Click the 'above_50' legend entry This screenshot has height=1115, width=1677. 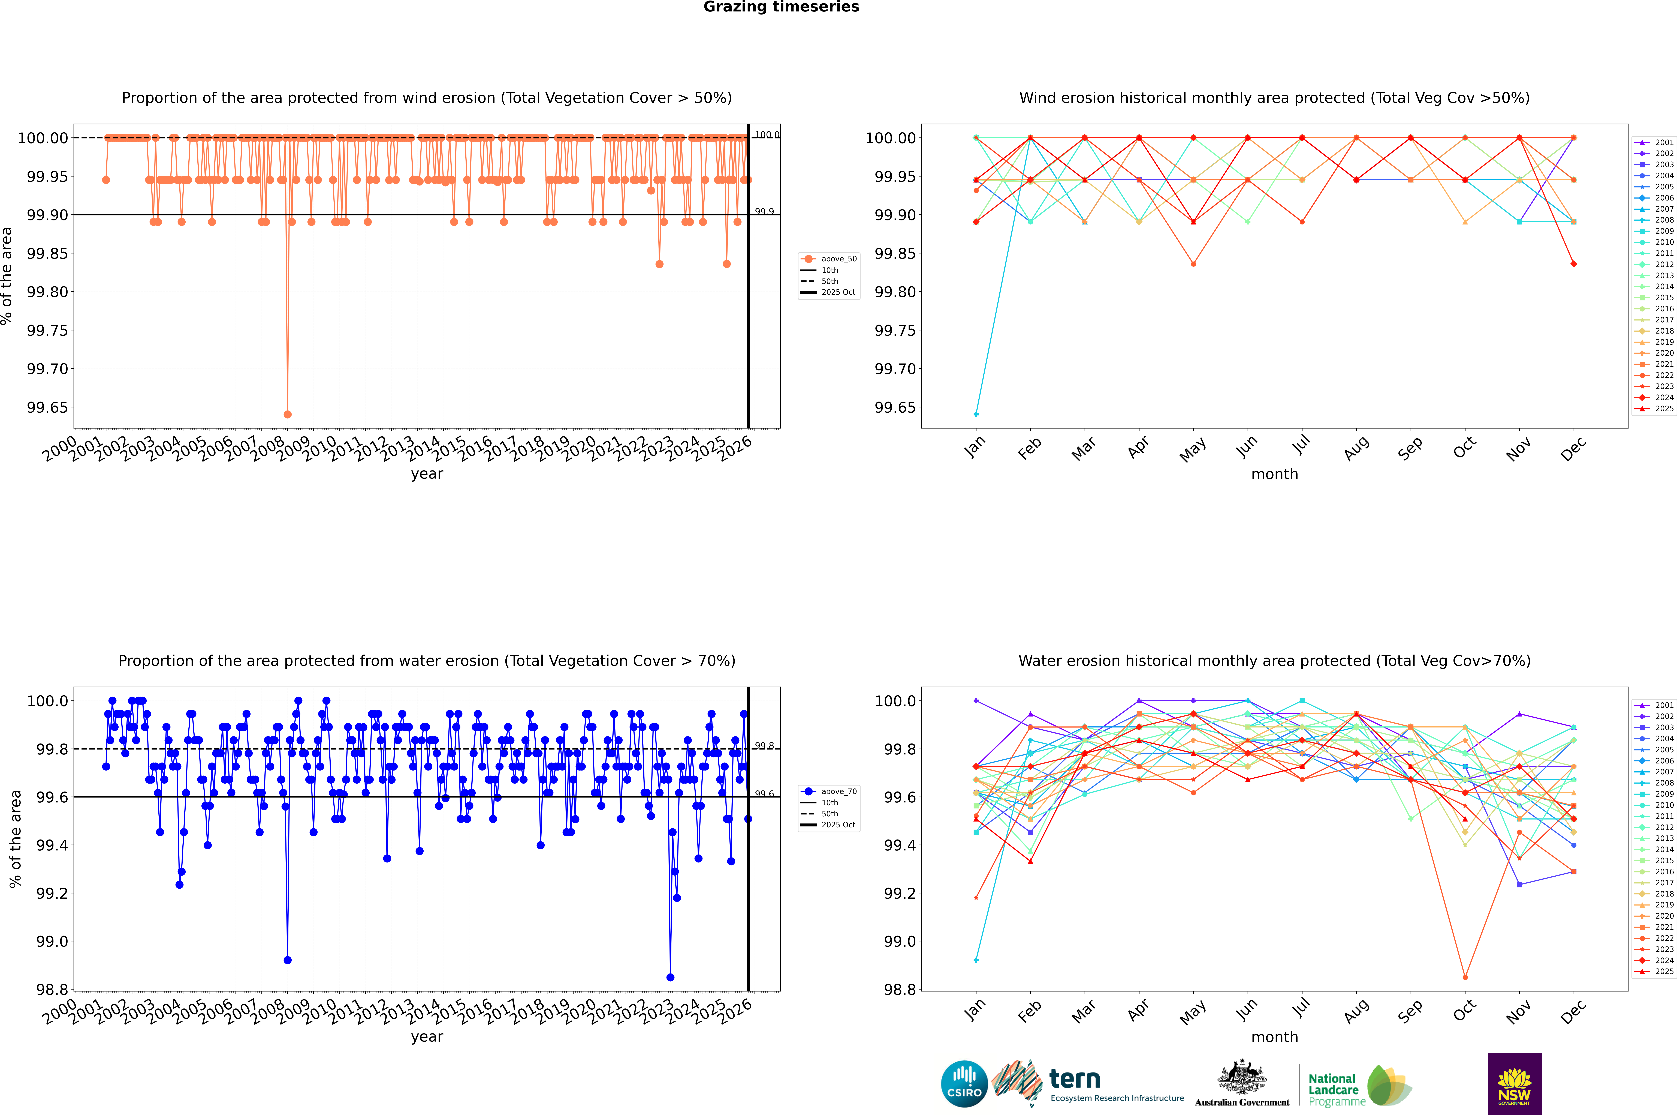829,259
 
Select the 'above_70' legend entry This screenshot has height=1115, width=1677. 829,792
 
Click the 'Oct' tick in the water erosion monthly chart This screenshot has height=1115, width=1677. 1464,1011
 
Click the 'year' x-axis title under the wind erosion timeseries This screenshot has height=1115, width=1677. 427,474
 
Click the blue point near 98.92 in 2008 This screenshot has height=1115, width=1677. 287,960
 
